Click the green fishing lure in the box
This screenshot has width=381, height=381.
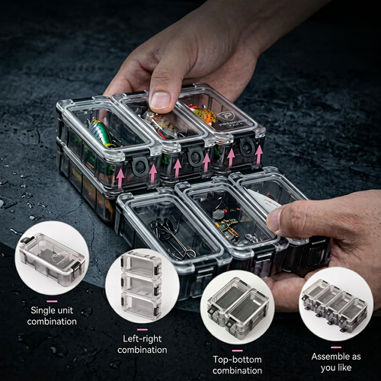point(101,133)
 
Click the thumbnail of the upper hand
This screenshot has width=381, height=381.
point(160,100)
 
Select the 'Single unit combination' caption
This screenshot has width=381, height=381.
point(52,315)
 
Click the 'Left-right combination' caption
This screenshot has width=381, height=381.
point(142,344)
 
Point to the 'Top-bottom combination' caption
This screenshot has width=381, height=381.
point(237,365)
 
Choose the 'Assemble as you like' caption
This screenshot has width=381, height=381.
point(336,362)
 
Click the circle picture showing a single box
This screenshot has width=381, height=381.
point(52,258)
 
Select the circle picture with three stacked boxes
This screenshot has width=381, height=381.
point(142,286)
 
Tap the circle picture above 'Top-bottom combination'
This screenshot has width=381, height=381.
point(237,307)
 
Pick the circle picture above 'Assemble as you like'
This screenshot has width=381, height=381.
point(336,303)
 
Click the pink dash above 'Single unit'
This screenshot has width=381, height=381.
point(52,301)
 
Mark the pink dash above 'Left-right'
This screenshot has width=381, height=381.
point(142,329)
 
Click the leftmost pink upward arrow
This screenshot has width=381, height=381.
point(120,178)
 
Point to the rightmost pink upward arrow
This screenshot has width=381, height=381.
point(259,155)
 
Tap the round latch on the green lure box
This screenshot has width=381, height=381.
point(139,167)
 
